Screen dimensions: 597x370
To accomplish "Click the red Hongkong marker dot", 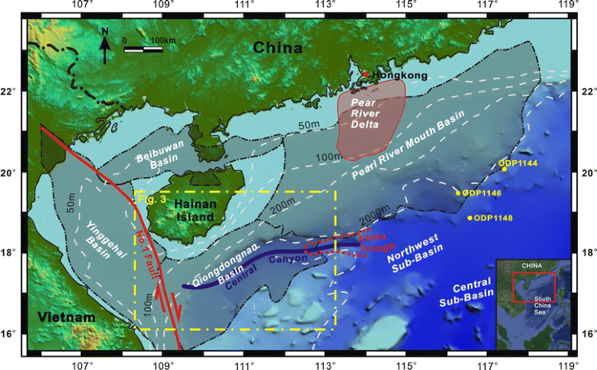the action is point(364,74).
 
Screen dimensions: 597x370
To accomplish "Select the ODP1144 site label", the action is point(520,163).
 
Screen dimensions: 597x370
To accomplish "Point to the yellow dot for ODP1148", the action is point(470,218).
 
